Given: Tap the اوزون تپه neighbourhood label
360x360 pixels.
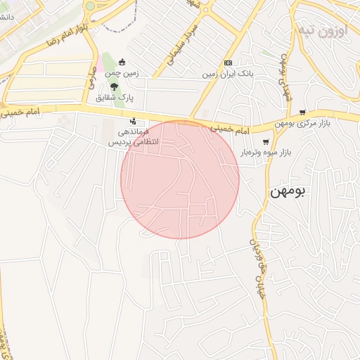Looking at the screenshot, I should pos(323,32).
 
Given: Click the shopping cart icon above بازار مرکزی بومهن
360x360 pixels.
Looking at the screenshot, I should pos(302,112).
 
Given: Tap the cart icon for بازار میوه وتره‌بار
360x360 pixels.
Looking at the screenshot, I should pos(265,141).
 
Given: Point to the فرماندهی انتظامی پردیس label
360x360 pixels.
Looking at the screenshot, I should pos(134,136).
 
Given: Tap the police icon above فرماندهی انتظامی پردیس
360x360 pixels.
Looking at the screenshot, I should pos(133,121).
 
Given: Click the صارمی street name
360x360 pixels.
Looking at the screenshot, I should pos(91,77).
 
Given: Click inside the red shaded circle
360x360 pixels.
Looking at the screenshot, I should pos(180,179).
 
